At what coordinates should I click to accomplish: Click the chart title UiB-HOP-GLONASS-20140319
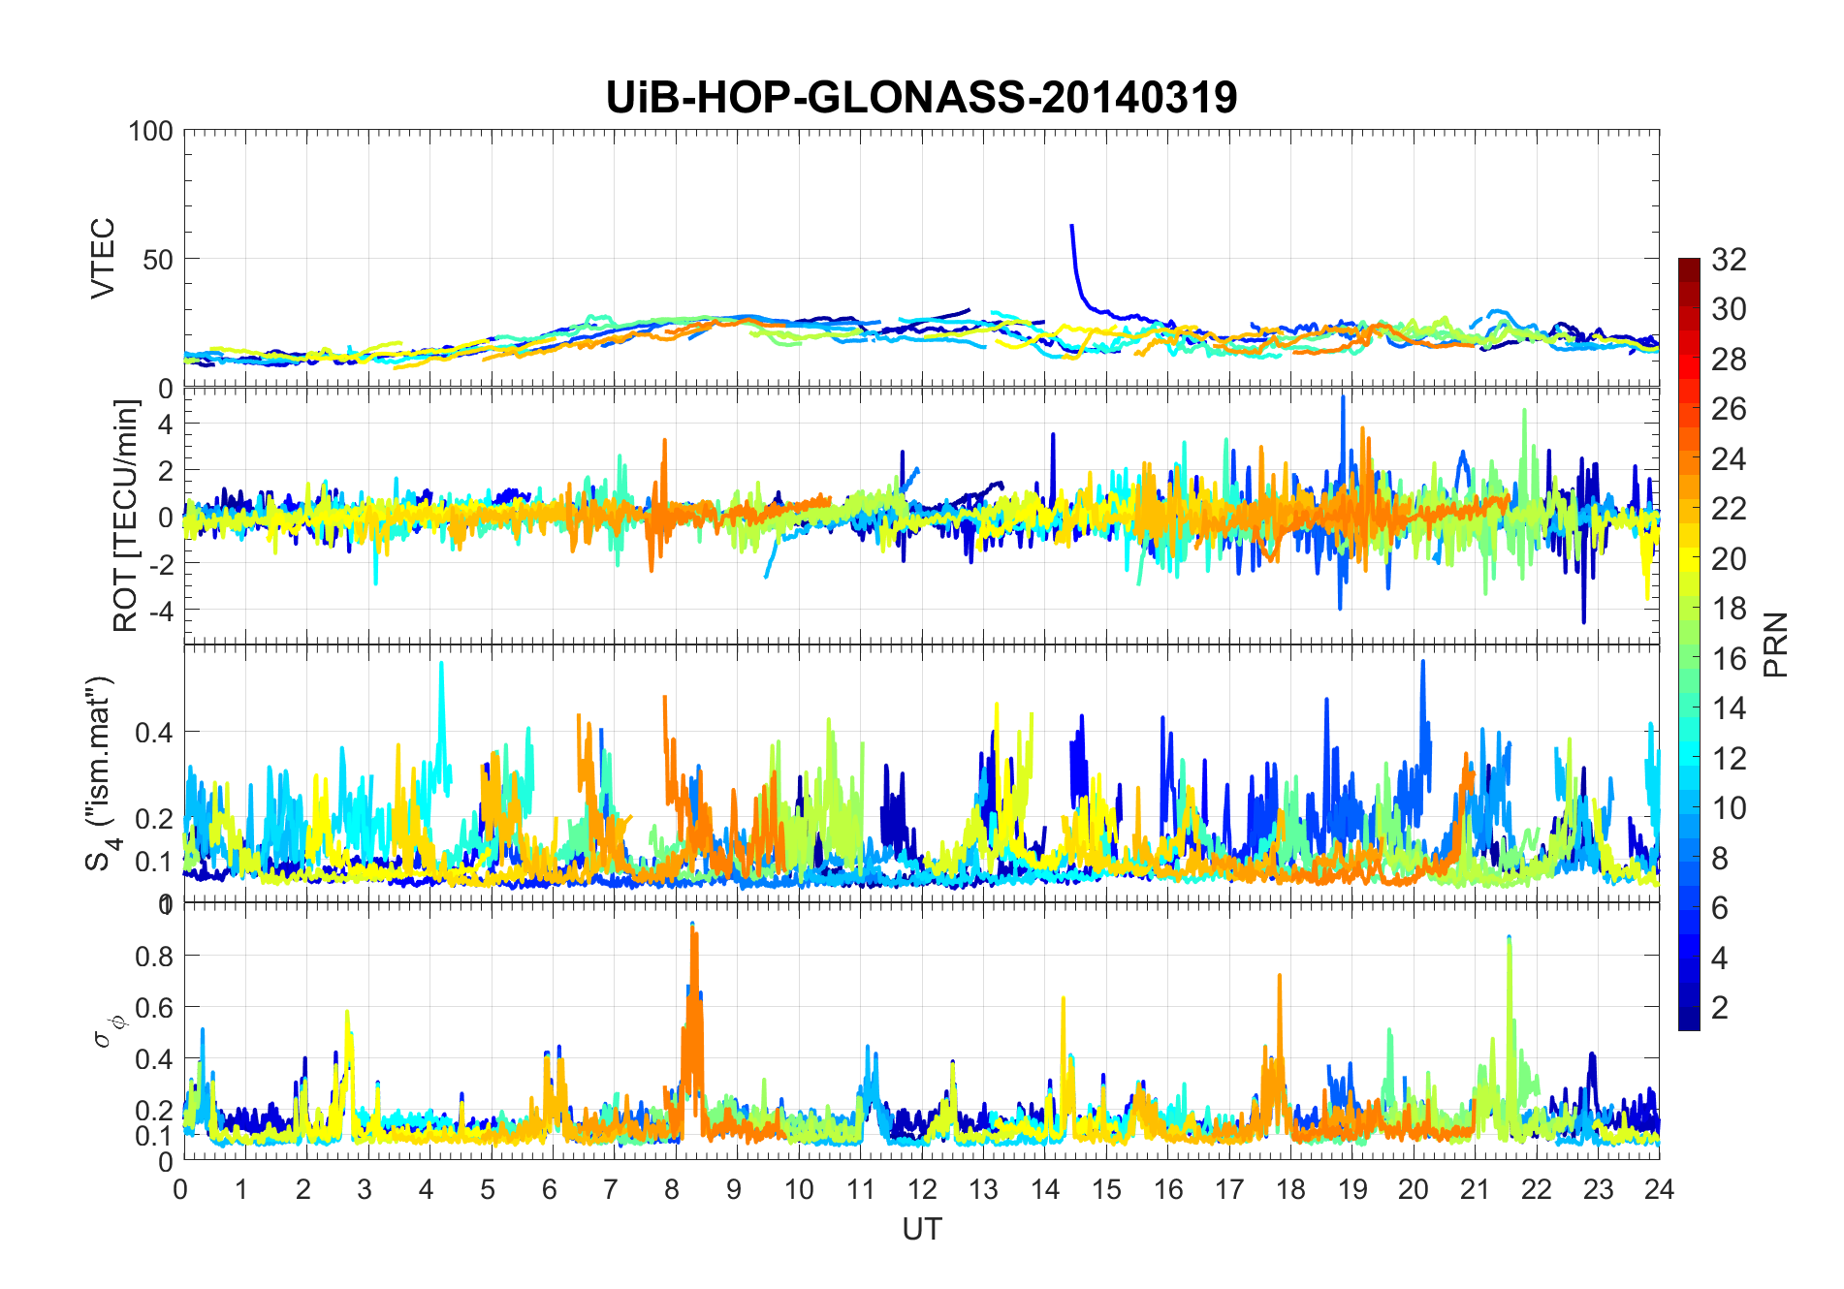point(921,98)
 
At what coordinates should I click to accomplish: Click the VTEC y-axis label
point(103,258)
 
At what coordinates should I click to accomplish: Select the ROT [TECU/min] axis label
point(126,516)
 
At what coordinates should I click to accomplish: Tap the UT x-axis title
point(921,1229)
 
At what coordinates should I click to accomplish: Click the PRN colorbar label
point(1776,644)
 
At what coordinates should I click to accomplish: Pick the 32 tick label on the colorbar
point(1729,260)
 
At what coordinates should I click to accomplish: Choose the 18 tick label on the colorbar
point(1729,609)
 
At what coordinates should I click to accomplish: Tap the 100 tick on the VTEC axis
point(150,131)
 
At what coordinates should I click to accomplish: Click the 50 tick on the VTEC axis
point(157,259)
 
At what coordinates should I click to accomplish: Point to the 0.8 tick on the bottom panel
point(153,956)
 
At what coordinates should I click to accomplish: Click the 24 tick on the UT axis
point(1659,1189)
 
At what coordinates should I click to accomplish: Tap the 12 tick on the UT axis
point(921,1189)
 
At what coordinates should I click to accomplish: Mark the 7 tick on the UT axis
point(610,1189)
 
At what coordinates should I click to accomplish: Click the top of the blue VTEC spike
point(1071,226)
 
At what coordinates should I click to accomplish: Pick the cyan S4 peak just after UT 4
point(442,664)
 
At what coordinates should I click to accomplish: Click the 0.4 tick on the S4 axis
point(153,732)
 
